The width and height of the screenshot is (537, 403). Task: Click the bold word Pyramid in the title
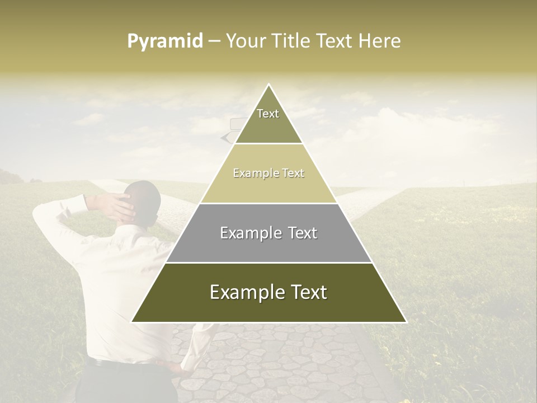(165, 41)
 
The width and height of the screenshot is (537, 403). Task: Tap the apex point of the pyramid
(269, 85)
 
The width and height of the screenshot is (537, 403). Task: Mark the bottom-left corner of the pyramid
(132, 322)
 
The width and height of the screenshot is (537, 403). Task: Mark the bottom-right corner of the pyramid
(406, 322)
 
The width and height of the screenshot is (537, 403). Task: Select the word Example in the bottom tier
(241, 292)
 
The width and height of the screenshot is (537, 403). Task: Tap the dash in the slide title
(214, 41)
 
